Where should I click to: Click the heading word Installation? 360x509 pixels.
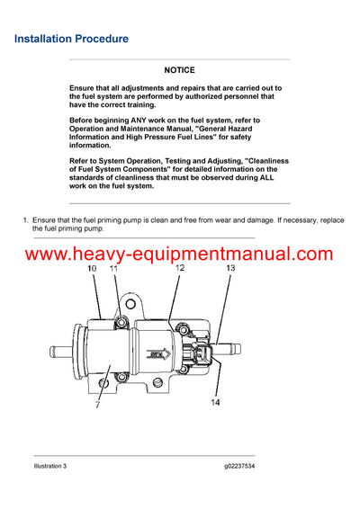(x=46, y=40)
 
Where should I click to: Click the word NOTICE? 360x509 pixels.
(x=179, y=69)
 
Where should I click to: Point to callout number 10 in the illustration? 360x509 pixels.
(x=92, y=269)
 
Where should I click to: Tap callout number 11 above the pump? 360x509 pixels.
(x=113, y=269)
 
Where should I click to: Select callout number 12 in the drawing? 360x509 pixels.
(x=180, y=268)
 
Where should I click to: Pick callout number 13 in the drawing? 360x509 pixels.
(x=230, y=268)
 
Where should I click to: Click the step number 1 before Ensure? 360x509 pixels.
(x=24, y=219)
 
